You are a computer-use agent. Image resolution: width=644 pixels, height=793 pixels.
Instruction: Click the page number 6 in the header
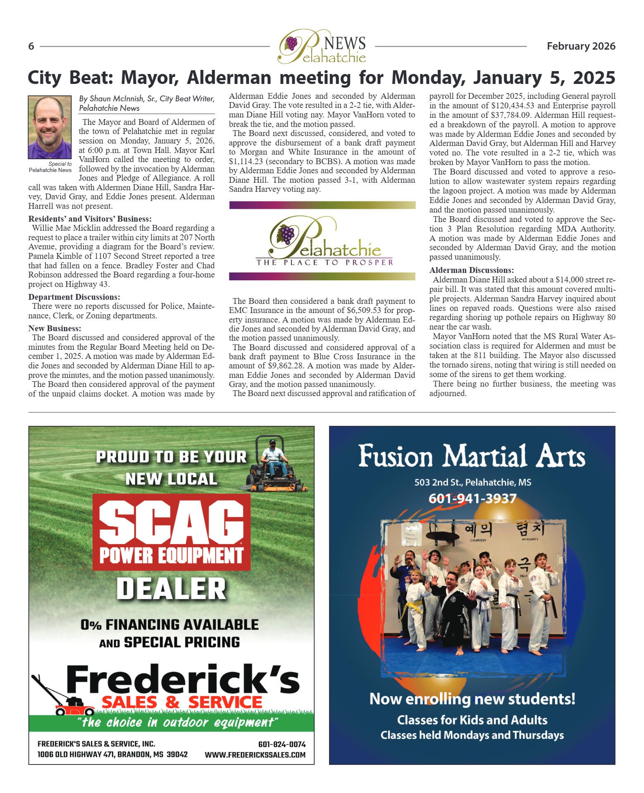pos(31,46)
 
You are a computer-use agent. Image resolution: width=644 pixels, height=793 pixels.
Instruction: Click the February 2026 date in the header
pos(581,46)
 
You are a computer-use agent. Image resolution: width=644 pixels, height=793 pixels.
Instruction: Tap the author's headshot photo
pos(50,127)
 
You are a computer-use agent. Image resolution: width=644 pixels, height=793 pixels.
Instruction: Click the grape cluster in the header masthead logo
pos(291,43)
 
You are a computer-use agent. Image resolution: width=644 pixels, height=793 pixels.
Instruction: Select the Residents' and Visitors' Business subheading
pos(90,219)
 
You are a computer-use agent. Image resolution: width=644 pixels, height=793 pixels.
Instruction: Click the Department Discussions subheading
pos(74,297)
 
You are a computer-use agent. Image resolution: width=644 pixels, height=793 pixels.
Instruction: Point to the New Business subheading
pos(55,328)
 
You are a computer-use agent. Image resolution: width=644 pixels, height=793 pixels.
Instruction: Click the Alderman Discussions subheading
pos(471,270)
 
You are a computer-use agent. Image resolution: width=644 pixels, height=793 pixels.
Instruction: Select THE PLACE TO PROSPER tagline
pos(324,263)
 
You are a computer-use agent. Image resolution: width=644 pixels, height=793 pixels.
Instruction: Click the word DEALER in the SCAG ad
pos(171,589)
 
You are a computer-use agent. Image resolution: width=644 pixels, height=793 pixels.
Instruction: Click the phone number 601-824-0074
pos(281,744)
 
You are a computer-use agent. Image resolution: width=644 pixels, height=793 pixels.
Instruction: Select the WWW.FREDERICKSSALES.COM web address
pos(255,755)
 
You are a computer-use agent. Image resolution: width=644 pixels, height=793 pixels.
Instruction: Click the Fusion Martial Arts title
pos(472,456)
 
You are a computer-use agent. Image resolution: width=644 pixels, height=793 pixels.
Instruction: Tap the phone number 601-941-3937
pos(472,499)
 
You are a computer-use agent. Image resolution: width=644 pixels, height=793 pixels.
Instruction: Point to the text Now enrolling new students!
pos(472,699)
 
